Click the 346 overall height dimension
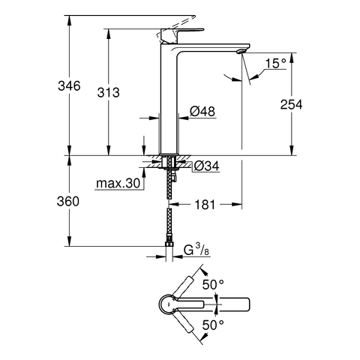(69, 86)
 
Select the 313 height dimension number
(108, 92)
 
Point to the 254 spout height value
(291, 104)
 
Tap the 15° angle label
(275, 64)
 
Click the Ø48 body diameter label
(202, 111)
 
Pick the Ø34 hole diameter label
(207, 166)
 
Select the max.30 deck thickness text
(118, 183)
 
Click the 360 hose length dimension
(68, 201)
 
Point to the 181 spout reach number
(205, 205)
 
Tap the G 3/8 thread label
(196, 250)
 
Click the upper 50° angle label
(213, 284)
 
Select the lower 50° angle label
(213, 325)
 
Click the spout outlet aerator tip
(241, 51)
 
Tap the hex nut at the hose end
(169, 244)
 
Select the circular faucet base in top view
(168, 304)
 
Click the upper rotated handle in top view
(184, 286)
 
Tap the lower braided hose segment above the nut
(169, 225)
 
